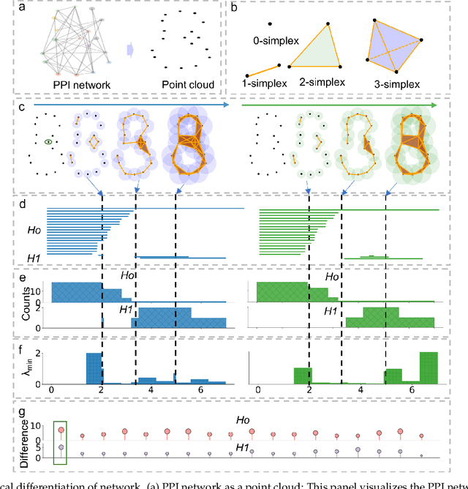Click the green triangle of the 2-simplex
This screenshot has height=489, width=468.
click(x=319, y=51)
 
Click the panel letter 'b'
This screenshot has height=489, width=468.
click(x=233, y=8)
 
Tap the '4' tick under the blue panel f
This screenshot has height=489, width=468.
click(x=150, y=392)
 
